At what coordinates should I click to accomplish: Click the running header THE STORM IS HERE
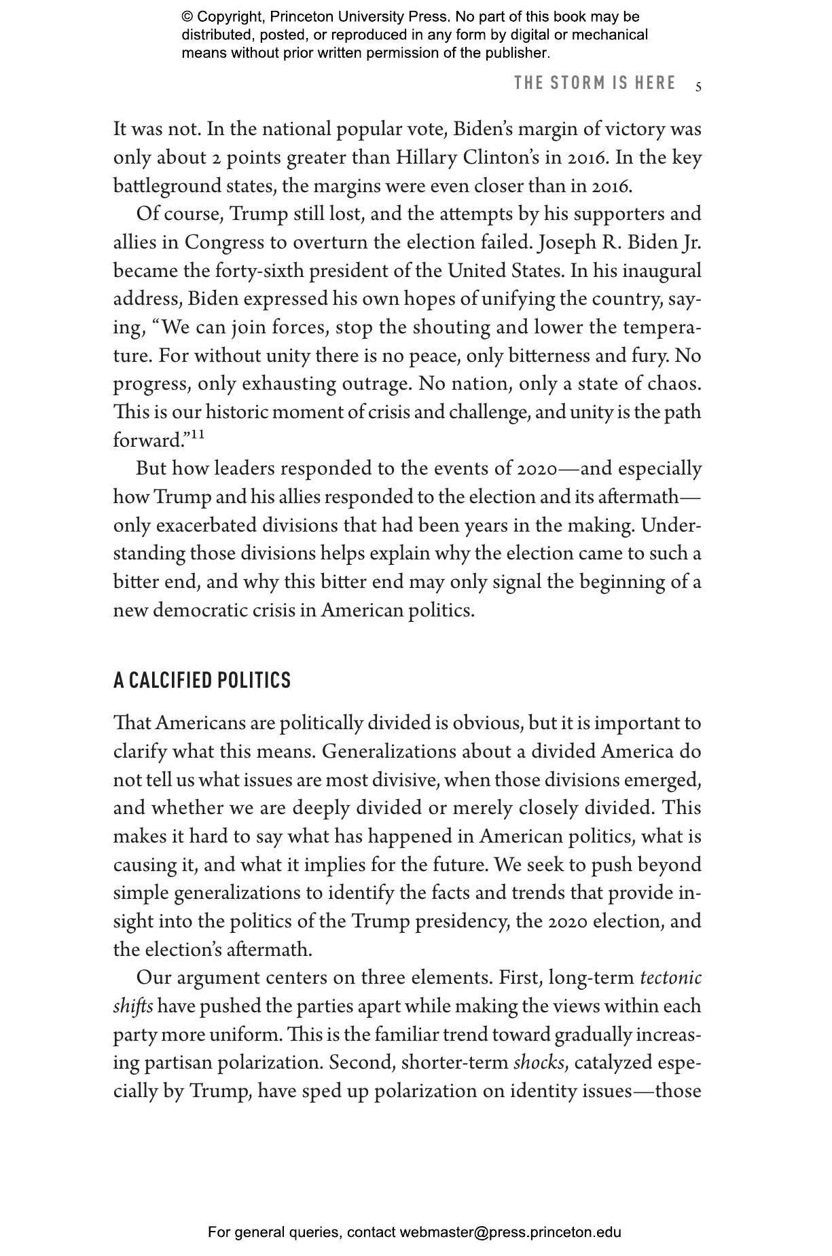595,84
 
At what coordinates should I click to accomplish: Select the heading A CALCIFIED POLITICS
202,680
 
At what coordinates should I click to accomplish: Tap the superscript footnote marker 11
197,434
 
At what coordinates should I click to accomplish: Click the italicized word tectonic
670,978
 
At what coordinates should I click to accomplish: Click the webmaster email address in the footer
510,1232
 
